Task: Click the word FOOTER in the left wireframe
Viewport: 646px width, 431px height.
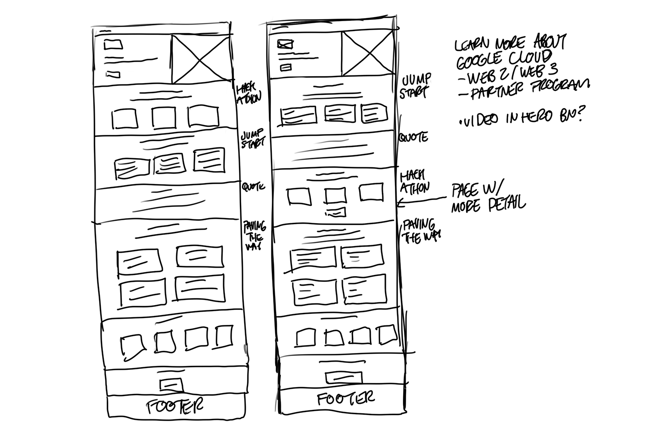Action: coord(174,406)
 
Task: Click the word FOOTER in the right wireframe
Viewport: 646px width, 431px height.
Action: coord(346,399)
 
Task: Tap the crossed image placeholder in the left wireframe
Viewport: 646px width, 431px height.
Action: coord(201,59)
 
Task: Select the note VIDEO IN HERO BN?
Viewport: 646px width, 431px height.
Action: coord(521,117)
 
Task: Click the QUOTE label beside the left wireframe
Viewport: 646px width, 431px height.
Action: coord(253,187)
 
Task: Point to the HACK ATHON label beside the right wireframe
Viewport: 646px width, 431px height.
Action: coord(414,182)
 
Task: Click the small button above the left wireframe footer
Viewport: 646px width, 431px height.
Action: coord(171,384)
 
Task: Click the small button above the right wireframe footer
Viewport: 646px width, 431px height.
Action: coord(343,378)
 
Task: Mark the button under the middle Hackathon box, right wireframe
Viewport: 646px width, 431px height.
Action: coord(336,212)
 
